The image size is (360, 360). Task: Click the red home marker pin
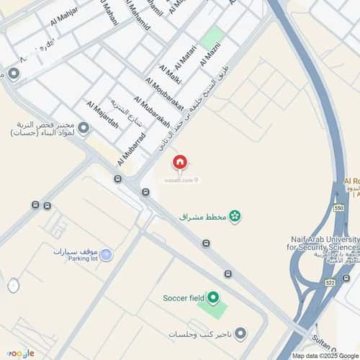[x=180, y=163]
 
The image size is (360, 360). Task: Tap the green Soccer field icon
[x=213, y=297]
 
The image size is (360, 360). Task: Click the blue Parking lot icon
[x=107, y=255]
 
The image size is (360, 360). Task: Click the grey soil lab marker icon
[x=84, y=129]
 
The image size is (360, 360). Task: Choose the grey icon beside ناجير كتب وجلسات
[x=240, y=334]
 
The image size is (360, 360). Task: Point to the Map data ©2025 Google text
[x=325, y=356]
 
